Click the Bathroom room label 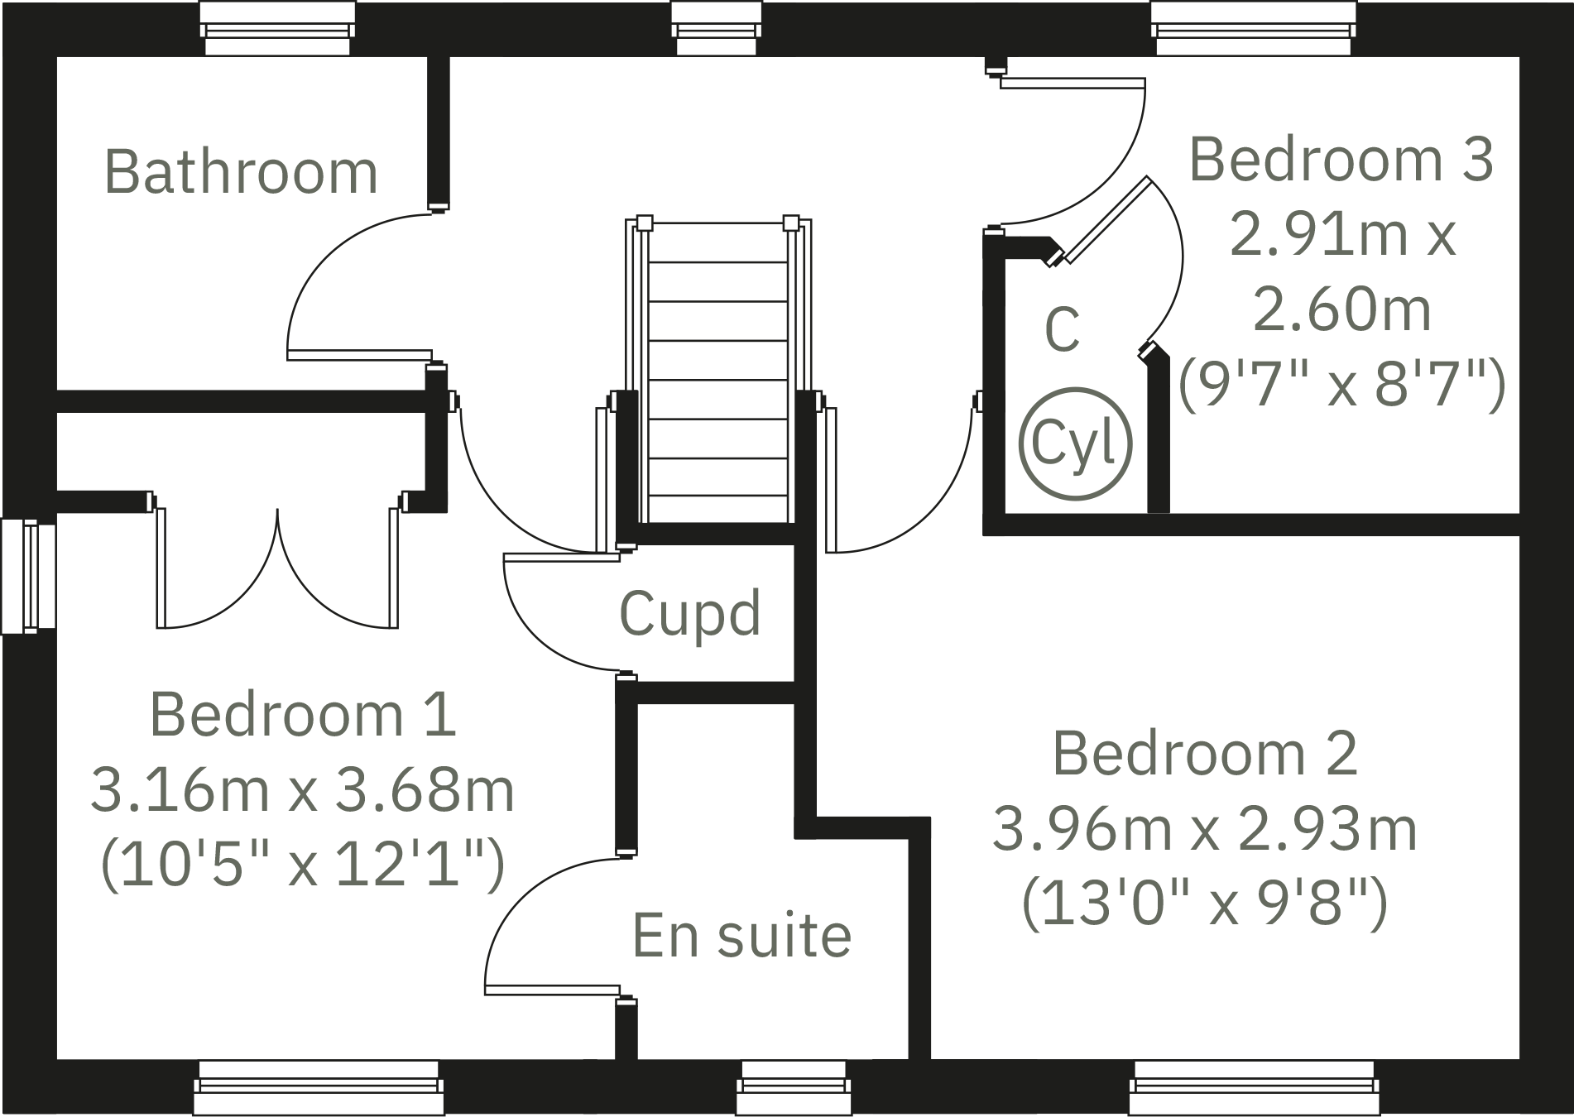241,172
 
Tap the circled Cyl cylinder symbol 1074,444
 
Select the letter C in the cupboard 1062,329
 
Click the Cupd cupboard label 689,614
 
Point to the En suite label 741,936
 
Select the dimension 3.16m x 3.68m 303,790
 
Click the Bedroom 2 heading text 1205,754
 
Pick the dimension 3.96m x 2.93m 1205,829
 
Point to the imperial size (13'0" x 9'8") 1205,904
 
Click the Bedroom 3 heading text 1341,160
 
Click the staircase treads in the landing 717,381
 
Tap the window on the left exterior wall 29,576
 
